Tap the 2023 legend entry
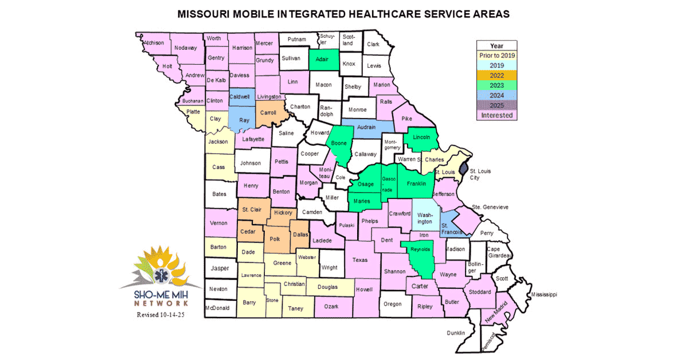[x=497, y=85]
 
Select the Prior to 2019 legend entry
[x=497, y=56]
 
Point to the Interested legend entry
[x=497, y=115]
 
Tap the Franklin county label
[x=416, y=183]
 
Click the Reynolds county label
[x=420, y=249]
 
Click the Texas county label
[x=359, y=260]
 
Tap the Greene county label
[x=282, y=263]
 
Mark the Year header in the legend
[x=497, y=45]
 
